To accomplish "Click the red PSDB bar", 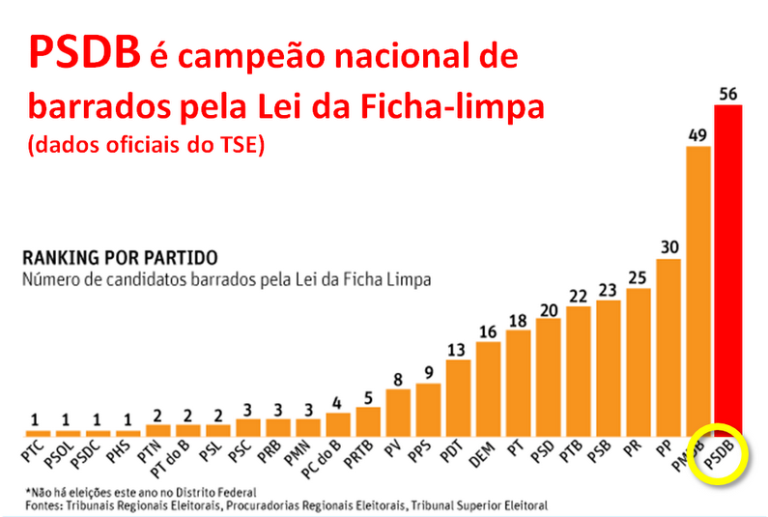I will tap(728, 271).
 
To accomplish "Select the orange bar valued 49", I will tap(698, 290).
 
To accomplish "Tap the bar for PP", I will tap(668, 347).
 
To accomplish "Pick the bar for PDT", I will tap(458, 397).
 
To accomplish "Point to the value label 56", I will tap(728, 94).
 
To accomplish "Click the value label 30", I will tap(668, 247).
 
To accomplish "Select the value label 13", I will tap(458, 349).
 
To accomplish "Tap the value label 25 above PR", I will tap(638, 277).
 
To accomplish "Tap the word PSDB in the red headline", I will tap(82, 54).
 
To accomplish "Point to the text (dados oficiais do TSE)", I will tap(146, 147).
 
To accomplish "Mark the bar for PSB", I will tap(608, 368).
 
